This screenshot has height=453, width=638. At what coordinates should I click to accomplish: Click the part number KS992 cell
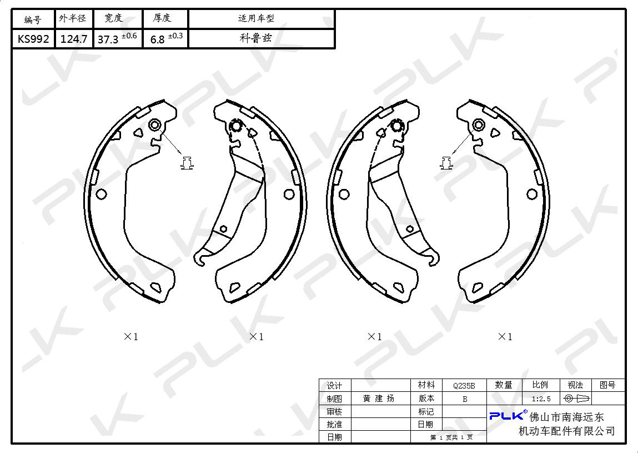tap(33, 39)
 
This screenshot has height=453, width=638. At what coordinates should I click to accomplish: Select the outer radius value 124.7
tap(74, 39)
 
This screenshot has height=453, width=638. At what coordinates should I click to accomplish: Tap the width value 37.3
tap(108, 39)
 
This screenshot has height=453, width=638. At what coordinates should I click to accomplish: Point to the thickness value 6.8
tap(158, 39)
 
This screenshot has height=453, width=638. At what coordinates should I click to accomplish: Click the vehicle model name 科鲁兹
tap(255, 38)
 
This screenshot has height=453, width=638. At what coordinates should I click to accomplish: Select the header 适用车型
tap(256, 18)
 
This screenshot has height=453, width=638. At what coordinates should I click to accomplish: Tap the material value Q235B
tap(464, 385)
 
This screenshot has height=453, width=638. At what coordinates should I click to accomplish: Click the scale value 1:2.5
tap(541, 399)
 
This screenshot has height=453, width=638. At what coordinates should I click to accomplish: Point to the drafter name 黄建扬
tap(379, 399)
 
